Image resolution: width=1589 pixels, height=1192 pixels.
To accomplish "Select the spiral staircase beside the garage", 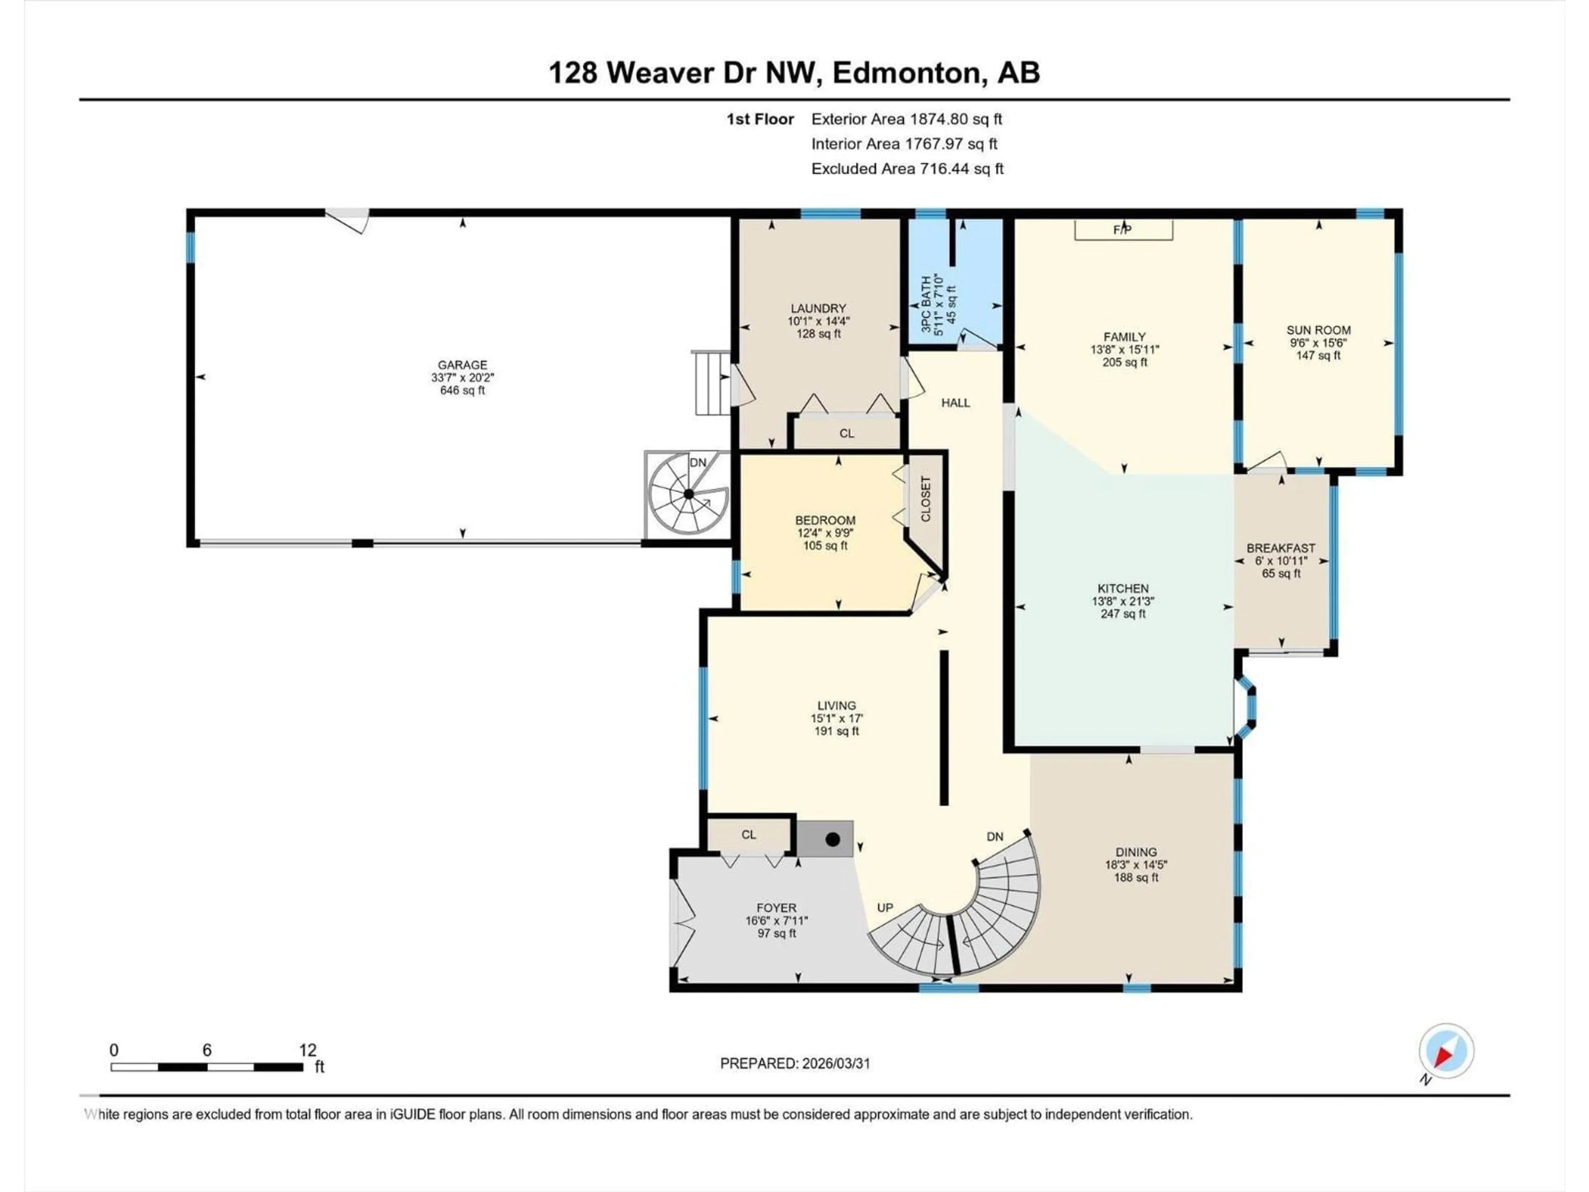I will [x=687, y=494].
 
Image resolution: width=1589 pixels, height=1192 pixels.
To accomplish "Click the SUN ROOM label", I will [x=1318, y=331].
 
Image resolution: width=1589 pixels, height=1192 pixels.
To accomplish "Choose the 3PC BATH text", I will [x=927, y=305].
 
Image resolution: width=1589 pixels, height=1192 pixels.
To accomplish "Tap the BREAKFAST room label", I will [x=1281, y=548].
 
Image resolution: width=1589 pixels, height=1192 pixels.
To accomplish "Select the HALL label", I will [x=955, y=403].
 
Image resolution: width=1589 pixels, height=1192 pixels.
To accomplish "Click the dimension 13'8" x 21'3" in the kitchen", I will [x=1123, y=601].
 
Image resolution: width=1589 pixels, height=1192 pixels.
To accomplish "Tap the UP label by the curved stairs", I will [x=885, y=908].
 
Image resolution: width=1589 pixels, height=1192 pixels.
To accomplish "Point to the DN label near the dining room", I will [x=994, y=836].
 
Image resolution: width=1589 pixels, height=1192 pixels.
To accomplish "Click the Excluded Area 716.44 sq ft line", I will [x=907, y=169].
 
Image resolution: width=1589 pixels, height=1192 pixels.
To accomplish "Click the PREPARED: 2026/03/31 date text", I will [x=794, y=1063].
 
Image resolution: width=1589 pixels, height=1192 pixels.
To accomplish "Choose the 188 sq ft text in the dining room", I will [x=1136, y=877].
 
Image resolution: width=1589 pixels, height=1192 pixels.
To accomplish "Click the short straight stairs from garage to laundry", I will [x=711, y=382].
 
